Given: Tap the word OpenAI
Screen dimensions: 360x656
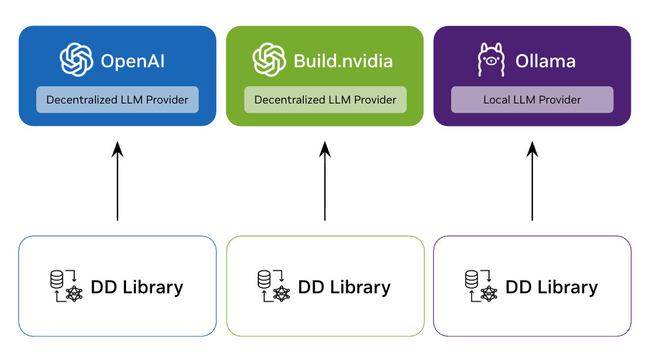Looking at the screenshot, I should click(x=133, y=61).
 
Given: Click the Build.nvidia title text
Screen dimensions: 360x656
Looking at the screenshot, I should click(x=343, y=61).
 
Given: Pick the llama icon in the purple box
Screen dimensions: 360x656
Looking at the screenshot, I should click(x=491, y=60).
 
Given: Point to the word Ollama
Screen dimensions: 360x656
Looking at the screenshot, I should click(x=546, y=61).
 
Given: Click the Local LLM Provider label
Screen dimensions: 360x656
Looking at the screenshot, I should click(x=532, y=100).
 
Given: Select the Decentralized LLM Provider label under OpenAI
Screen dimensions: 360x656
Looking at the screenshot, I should click(x=117, y=100).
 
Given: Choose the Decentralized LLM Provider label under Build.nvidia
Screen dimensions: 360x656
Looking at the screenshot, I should click(x=325, y=100).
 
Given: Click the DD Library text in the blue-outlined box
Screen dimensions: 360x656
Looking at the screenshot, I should click(x=137, y=287).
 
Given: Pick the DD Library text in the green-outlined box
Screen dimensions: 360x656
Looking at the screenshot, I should click(x=344, y=287).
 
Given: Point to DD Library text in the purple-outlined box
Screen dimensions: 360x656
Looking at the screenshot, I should click(x=551, y=287).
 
